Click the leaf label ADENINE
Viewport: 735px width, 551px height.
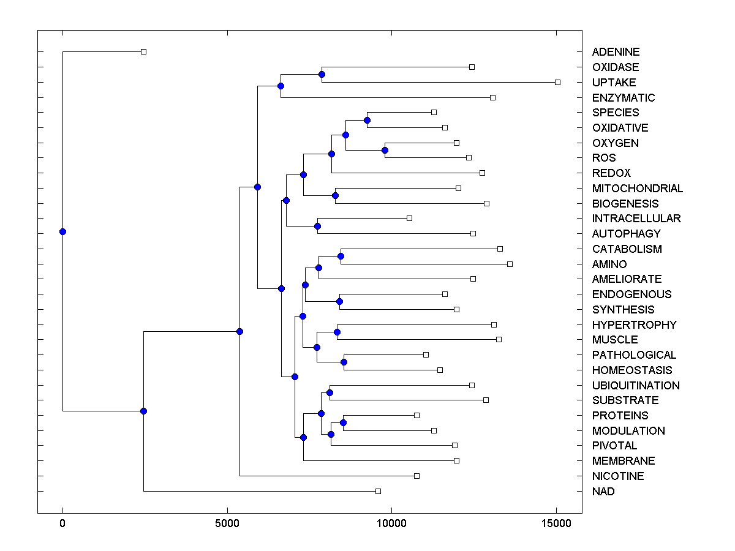(616, 52)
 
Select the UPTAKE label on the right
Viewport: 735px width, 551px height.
(614, 82)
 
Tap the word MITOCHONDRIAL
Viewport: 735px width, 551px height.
(637, 188)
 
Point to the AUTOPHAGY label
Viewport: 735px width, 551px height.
(626, 233)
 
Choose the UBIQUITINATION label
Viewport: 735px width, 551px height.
(636, 385)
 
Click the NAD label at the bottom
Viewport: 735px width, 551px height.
(603, 491)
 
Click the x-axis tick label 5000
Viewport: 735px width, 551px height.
(227, 523)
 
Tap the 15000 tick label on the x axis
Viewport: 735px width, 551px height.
(556, 523)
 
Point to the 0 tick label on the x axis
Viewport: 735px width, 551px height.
(62, 523)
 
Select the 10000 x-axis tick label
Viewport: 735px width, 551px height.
(391, 523)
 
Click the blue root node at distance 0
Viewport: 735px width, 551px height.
(62, 231)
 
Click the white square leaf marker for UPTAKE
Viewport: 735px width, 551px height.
(557, 82)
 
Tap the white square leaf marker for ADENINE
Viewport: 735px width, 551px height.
(143, 52)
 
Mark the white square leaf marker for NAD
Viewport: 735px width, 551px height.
(378, 491)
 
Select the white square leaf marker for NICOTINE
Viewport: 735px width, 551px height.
(417, 476)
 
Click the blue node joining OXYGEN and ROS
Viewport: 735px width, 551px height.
(385, 150)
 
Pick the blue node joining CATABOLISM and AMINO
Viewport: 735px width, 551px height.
(341, 256)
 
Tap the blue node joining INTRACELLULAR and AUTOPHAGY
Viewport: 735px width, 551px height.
(317, 226)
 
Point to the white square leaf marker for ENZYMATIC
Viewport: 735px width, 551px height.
(492, 97)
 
